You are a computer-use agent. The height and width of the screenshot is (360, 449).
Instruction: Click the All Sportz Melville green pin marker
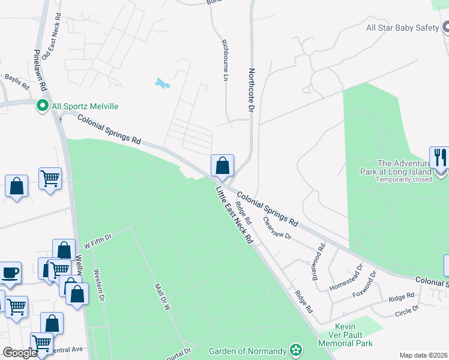pos(42,106)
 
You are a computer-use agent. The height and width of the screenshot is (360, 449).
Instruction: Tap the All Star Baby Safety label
pos(403,28)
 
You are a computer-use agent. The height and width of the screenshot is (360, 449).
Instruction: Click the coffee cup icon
pos(10,272)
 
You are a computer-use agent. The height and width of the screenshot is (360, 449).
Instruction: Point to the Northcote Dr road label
pos(252,91)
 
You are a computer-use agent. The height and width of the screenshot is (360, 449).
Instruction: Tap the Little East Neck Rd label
pos(234,214)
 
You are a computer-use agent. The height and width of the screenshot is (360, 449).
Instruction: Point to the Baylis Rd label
pos(17,82)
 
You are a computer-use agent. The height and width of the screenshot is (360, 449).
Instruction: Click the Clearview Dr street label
pos(277,228)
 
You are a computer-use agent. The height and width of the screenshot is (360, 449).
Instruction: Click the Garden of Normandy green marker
pos(295,350)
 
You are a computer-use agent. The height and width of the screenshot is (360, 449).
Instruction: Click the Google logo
pos(19,353)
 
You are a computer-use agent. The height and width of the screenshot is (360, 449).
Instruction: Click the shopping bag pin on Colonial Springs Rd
pos(222,165)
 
